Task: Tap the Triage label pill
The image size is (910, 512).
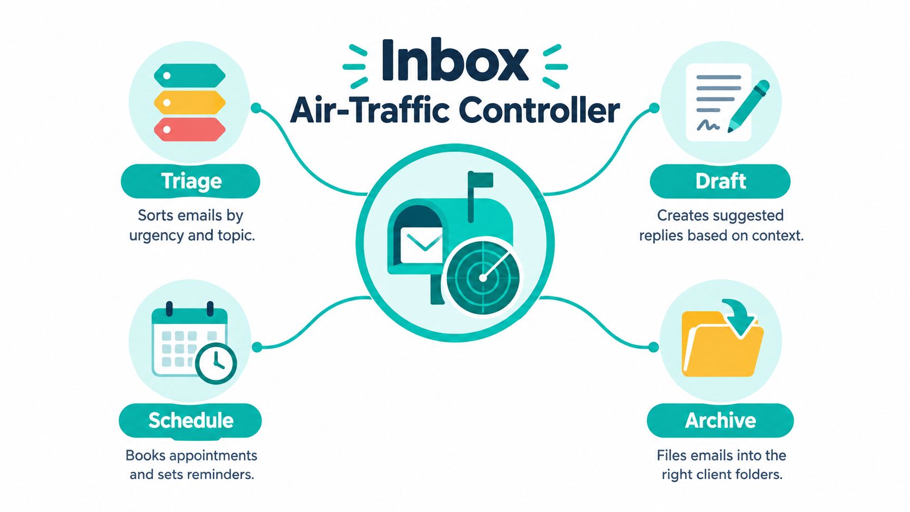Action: tap(190, 181)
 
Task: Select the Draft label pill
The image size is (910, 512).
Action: tap(720, 181)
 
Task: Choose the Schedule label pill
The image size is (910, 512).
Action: tap(190, 421)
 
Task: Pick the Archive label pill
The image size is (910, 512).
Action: tap(720, 421)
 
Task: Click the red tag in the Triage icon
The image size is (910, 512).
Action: tap(190, 129)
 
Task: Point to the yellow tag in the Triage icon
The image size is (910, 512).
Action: tap(190, 102)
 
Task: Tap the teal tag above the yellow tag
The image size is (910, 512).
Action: tap(190, 76)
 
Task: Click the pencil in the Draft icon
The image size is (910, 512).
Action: tap(748, 107)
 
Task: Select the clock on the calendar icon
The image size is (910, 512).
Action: tap(216, 363)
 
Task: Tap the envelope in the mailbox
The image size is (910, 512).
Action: tap(421, 245)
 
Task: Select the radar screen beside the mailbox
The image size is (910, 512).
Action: tap(483, 277)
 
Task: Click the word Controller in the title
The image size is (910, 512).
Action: tap(539, 110)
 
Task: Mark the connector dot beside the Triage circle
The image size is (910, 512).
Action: tap(256, 108)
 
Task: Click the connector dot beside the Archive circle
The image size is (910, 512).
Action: tap(654, 347)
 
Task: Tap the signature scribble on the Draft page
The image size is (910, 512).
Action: tap(709, 125)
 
